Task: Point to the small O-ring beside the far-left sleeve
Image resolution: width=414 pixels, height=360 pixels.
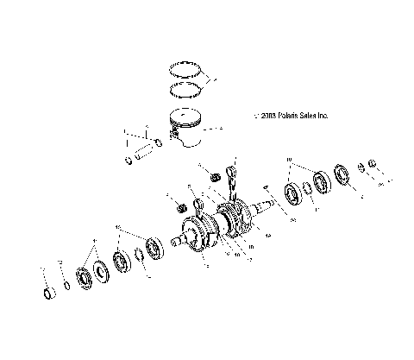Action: [x=68, y=285]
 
